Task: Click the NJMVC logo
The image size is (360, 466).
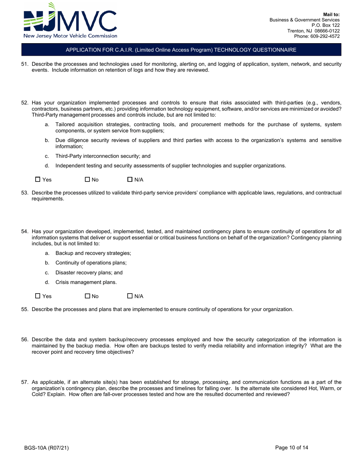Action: [x=70, y=21]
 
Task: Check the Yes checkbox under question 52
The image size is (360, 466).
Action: [x=38, y=180]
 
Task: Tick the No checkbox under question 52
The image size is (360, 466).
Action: [x=88, y=180]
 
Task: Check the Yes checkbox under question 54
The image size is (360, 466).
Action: [x=38, y=296]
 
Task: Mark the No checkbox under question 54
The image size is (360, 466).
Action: [x=88, y=296]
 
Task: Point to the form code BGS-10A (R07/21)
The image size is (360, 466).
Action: [x=47, y=448]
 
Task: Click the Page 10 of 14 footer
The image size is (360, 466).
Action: [x=292, y=447]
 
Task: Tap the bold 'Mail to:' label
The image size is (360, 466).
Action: [x=331, y=14]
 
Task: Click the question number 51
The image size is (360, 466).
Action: [x=25, y=64]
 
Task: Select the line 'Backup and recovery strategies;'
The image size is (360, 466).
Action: [x=93, y=253]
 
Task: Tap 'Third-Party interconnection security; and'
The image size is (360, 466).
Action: [x=105, y=156]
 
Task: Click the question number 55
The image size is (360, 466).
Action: [x=25, y=309]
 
